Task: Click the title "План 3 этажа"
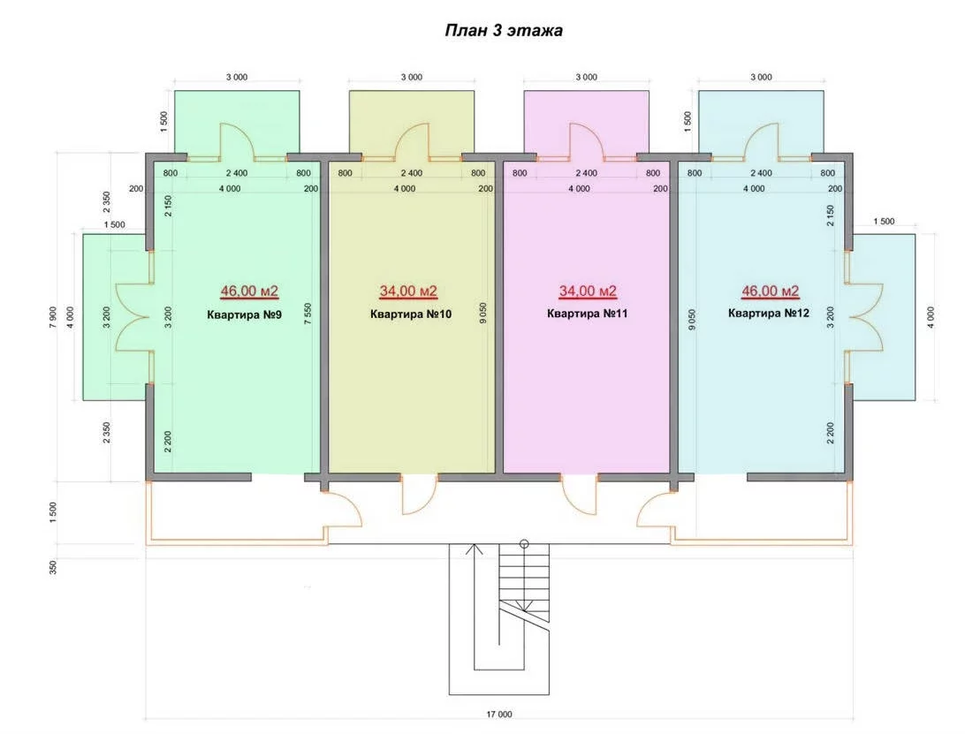504,30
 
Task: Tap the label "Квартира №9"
244,315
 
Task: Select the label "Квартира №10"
411,314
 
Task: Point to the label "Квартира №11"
587,314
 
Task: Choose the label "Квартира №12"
769,314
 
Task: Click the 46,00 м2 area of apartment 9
249,291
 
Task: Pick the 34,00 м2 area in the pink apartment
588,291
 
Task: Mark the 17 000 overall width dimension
499,715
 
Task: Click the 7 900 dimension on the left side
54,317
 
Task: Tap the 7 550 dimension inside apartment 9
308,314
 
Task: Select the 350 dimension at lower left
54,567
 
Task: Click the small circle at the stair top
524,543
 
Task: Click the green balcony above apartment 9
237,122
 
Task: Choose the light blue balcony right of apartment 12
885,317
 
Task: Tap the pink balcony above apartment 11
587,122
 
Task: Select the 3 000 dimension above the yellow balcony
412,77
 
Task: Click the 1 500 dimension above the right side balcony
884,222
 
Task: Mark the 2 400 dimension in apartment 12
761,173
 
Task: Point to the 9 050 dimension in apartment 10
483,314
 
